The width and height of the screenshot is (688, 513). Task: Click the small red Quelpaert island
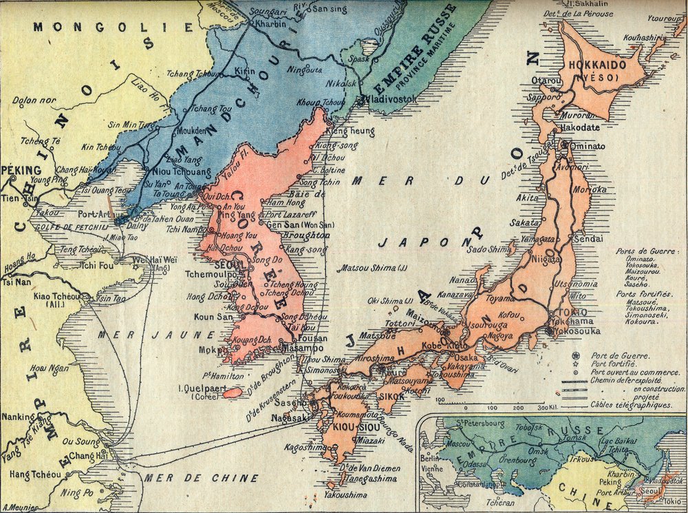pyautogui.click(x=233, y=392)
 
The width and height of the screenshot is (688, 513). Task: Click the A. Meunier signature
pyautogui.click(x=20, y=507)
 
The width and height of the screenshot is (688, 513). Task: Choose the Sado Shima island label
pyautogui.click(x=486, y=250)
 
